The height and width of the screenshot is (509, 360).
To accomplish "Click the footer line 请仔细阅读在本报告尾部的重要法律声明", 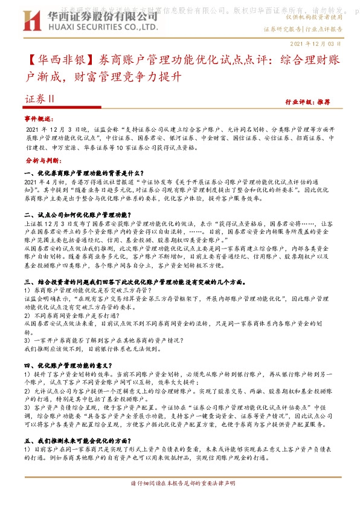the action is [180, 484].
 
